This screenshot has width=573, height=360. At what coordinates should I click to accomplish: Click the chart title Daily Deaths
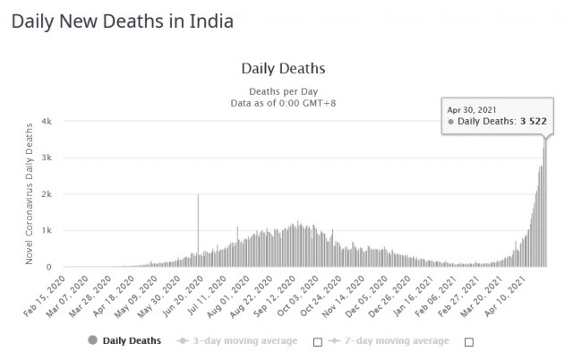(284, 67)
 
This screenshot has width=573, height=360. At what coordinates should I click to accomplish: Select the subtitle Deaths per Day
(284, 91)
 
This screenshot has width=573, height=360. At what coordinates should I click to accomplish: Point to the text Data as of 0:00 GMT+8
(284, 104)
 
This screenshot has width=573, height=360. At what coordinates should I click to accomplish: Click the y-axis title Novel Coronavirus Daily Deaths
(29, 193)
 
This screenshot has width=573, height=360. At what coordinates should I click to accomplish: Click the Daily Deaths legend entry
(125, 340)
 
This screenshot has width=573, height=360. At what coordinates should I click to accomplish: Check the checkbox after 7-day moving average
(468, 341)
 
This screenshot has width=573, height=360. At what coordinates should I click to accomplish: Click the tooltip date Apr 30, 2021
(471, 108)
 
